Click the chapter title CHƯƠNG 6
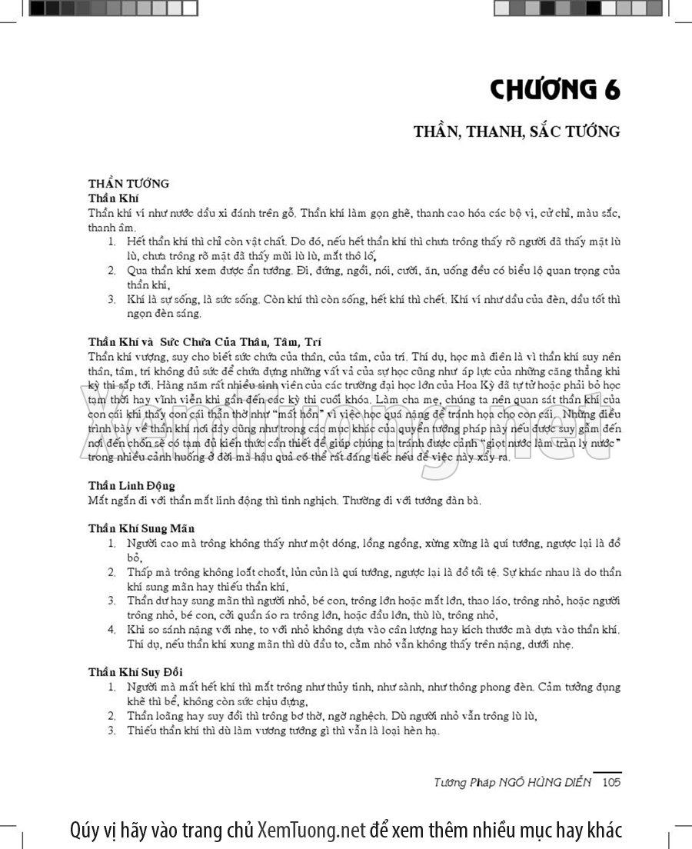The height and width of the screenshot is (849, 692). pos(554,90)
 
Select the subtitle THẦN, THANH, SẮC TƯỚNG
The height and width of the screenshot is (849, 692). pos(516,132)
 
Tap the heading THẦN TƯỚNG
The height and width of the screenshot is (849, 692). pos(128,184)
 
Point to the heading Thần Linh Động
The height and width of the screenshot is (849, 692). pos(131,486)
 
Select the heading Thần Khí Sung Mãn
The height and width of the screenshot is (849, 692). pos(141,528)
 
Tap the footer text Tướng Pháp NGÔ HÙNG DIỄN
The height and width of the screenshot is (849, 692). pos(513,783)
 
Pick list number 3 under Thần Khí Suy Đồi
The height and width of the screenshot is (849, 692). pos(111,731)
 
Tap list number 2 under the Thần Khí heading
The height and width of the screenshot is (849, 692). pos(111,271)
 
